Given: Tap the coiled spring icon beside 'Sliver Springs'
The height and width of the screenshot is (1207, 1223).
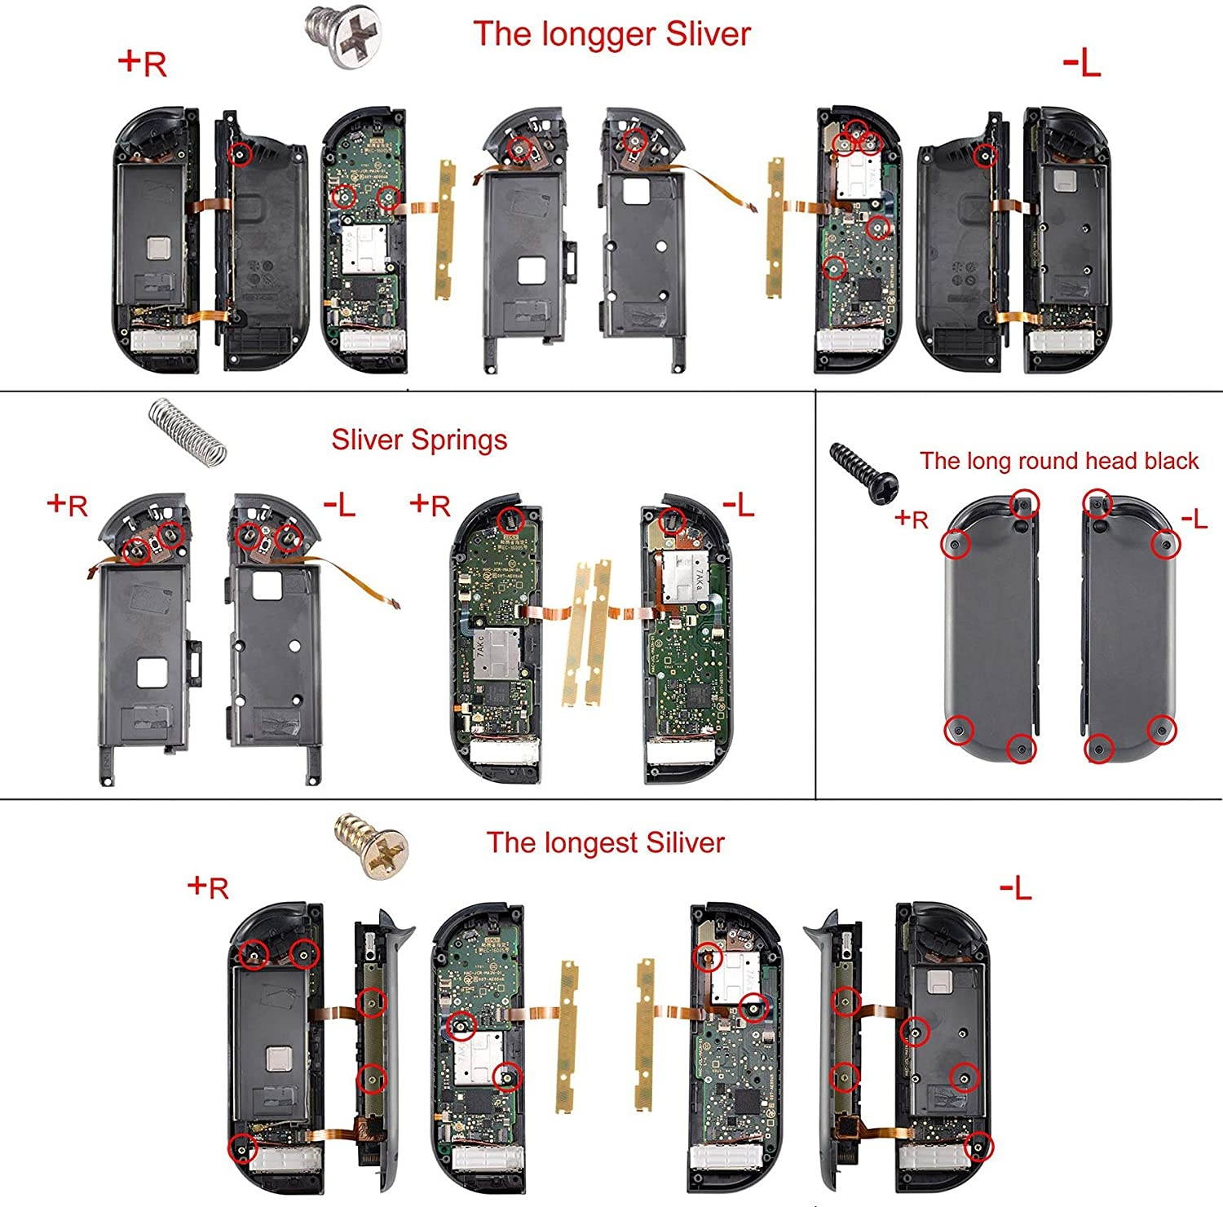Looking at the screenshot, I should point(187,430).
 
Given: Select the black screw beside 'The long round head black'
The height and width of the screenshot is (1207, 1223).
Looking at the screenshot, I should point(863,471).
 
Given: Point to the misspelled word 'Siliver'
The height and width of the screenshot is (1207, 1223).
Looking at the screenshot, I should point(686,842).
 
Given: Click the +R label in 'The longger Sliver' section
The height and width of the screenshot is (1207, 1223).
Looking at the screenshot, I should point(143,63).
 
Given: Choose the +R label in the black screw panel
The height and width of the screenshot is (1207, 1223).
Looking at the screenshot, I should point(912,519).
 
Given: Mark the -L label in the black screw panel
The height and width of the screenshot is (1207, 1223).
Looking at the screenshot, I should point(1194,519).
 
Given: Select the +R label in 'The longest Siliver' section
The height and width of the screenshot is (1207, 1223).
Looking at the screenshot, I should point(208,887).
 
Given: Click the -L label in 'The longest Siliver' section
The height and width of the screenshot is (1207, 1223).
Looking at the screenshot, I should point(1016,887).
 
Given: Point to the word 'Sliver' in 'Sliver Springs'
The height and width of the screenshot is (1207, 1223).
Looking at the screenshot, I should point(368,440).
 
